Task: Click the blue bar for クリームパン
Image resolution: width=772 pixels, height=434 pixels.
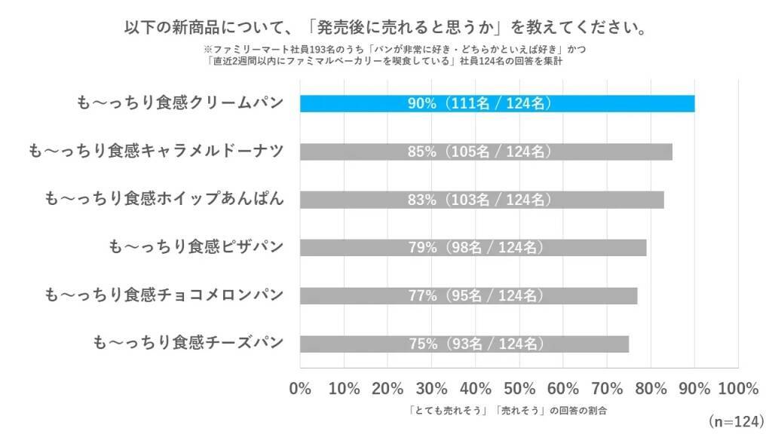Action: [498, 103]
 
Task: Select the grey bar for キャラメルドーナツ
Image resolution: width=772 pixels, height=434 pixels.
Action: [486, 151]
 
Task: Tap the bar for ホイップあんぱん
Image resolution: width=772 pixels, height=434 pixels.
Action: [482, 200]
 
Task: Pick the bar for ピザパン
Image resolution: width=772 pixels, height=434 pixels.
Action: [473, 247]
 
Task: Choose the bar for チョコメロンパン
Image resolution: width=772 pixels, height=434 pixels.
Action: [468, 295]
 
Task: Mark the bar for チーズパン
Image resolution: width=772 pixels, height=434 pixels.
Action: [464, 344]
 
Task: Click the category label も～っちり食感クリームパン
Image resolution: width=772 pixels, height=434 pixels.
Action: [180, 103]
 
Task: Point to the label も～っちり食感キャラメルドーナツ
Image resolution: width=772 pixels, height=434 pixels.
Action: [155, 151]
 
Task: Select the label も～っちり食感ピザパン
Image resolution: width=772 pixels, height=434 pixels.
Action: [196, 247]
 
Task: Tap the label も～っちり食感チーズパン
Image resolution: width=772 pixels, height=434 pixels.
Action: [188, 344]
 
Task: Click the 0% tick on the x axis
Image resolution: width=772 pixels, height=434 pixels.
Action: [300, 389]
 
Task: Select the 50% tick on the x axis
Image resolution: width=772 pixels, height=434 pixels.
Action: [519, 389]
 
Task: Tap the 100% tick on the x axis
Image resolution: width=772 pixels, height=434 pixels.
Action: [738, 389]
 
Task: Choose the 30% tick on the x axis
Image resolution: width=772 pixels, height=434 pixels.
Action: [432, 389]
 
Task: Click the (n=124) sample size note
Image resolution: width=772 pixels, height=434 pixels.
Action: [736, 419]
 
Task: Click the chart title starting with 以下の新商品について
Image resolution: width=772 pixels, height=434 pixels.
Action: [385, 28]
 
